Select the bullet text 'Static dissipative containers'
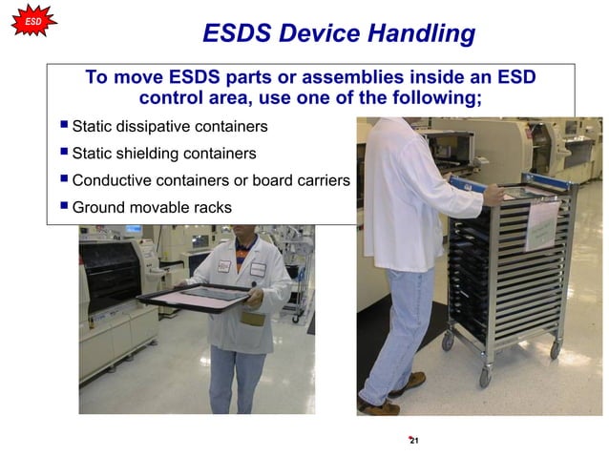click(x=170, y=127)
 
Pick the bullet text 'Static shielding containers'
click(x=164, y=154)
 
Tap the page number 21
click(x=413, y=440)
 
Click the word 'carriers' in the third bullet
click(x=322, y=180)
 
